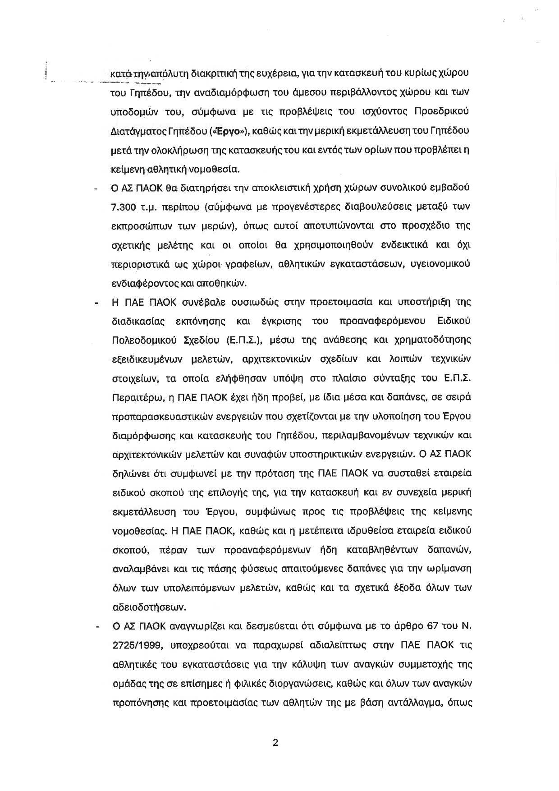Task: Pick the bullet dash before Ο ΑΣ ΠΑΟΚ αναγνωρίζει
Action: tap(96, 626)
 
